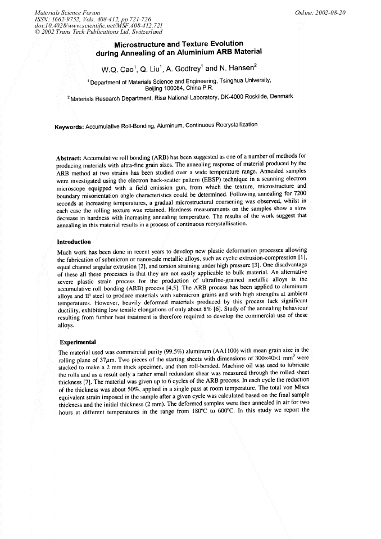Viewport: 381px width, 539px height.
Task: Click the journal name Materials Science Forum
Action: pyautogui.click(x=67, y=12)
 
